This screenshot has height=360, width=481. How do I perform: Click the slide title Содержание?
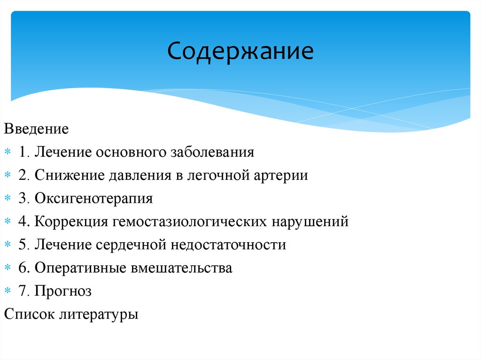(240, 51)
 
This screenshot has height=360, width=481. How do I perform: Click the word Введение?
(36, 129)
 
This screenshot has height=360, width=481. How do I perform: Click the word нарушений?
(310, 222)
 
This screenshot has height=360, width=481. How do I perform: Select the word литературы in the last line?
(99, 314)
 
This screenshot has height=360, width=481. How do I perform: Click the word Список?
(29, 314)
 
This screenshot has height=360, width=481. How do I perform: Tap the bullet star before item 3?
(8, 199)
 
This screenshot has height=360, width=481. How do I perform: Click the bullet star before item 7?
(8, 291)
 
